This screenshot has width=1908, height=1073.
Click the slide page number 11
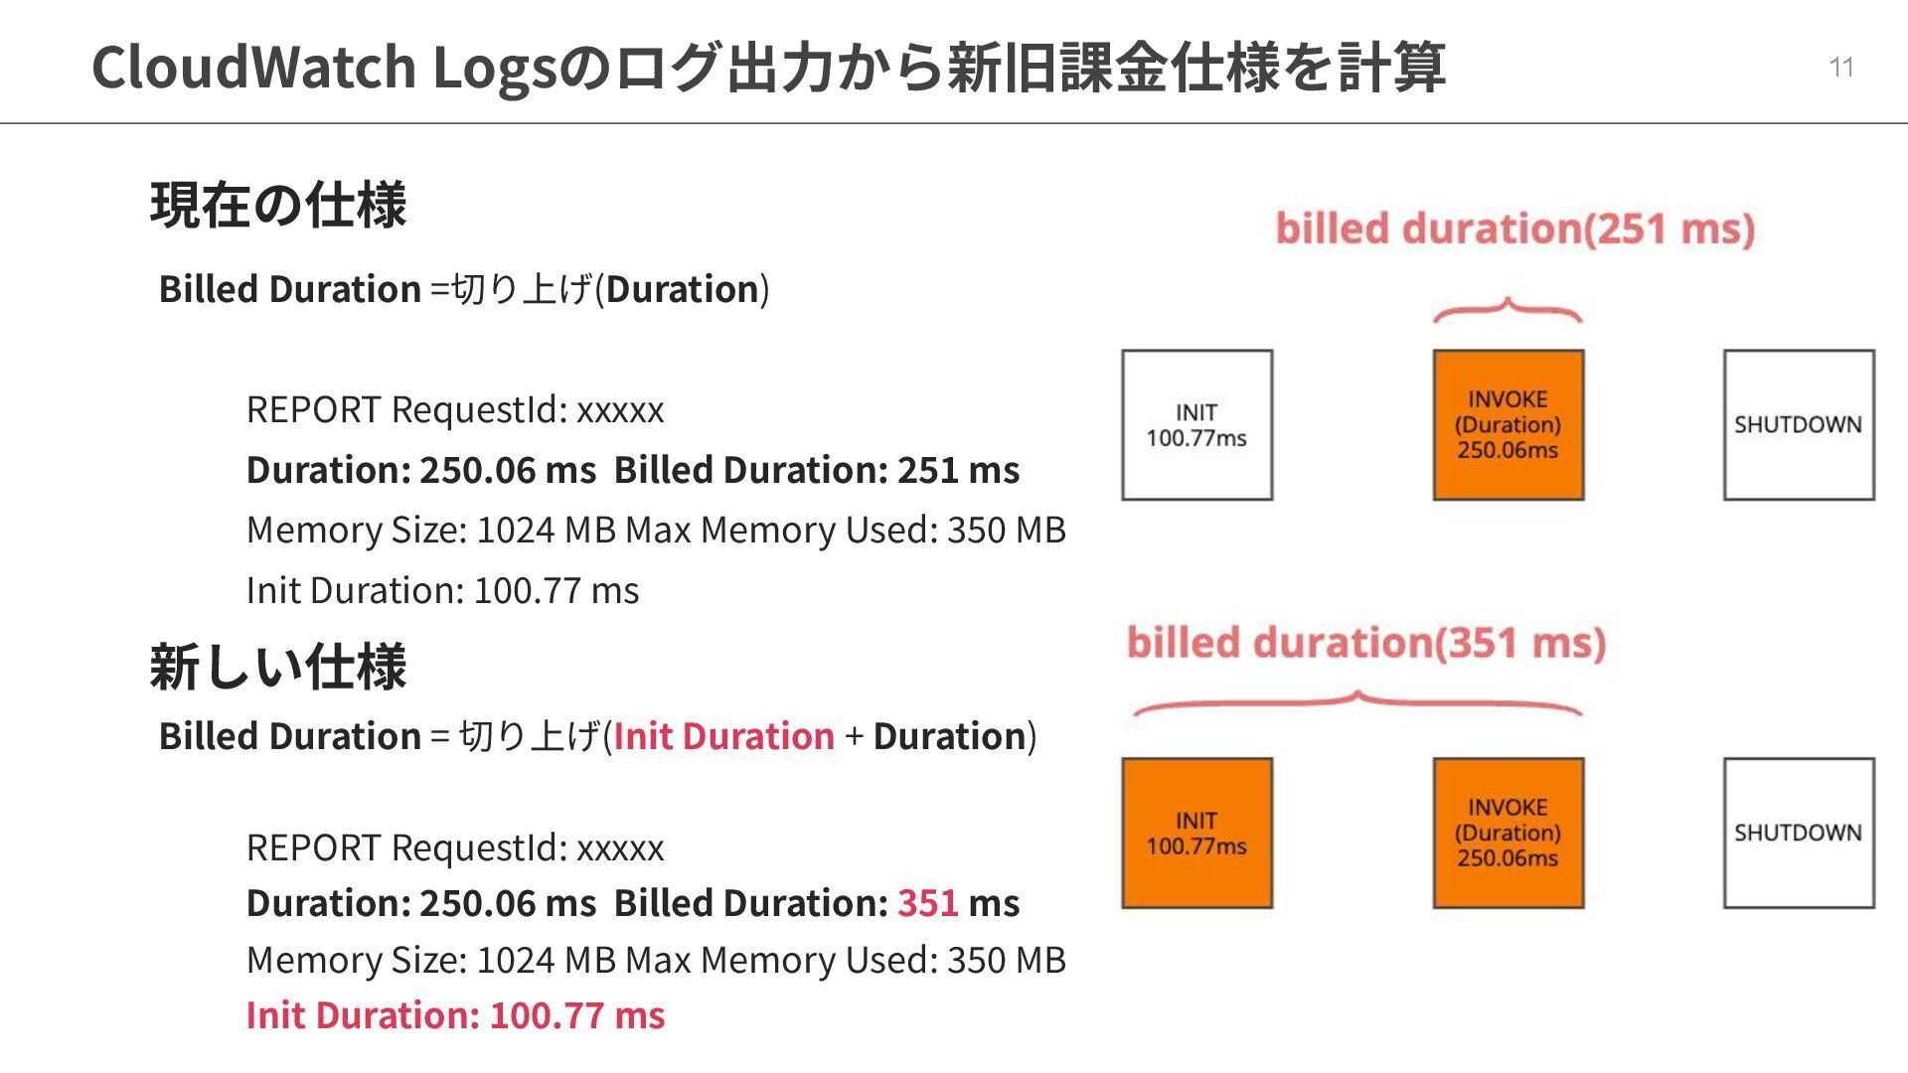[x=1840, y=68]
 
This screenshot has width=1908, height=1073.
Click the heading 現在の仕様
[x=278, y=206]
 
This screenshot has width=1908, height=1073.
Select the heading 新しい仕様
[x=278, y=667]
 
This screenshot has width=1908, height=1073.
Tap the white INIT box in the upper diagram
[x=1196, y=425]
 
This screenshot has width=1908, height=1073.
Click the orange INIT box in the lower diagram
[x=1196, y=834]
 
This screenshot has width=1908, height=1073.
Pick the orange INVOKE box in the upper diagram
[x=1508, y=425]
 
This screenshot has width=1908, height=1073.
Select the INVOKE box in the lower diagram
[x=1508, y=834]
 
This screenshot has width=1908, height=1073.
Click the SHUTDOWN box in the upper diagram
[x=1799, y=425]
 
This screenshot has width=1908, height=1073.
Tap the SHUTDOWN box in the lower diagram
[x=1799, y=834]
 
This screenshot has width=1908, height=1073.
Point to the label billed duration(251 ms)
[x=1514, y=230]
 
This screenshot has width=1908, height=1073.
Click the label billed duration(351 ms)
[x=1365, y=644]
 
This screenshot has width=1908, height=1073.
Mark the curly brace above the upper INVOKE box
[x=1507, y=311]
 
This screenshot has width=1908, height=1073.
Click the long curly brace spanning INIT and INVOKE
[x=1357, y=702]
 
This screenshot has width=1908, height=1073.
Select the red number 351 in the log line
[x=927, y=903]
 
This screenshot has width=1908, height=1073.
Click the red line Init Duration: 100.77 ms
[x=455, y=1015]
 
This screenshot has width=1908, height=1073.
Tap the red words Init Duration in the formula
[x=723, y=736]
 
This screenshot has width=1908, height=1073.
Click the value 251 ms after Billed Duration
[x=958, y=470]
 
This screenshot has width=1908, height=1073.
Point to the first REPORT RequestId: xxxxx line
[x=455, y=409]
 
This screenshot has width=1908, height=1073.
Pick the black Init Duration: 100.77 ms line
[x=442, y=590]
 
